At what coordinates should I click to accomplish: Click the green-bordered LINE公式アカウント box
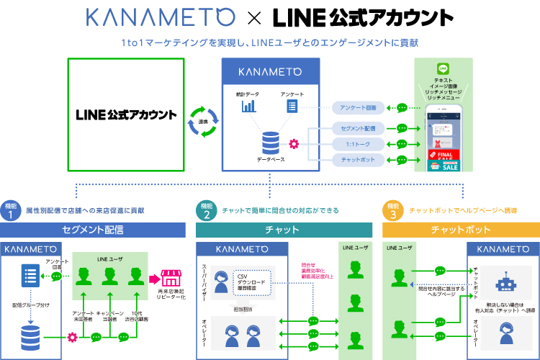point(126,115)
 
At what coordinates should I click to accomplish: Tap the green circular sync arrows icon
point(202,116)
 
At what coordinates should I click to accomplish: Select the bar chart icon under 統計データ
point(250,106)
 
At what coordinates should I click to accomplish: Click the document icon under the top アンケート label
point(292,106)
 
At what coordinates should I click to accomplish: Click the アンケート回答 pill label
point(357,108)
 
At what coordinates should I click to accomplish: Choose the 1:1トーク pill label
point(357,144)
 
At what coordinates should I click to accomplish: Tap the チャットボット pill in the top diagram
point(357,159)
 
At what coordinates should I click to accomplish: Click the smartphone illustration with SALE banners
point(445,138)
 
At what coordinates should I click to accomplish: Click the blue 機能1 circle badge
point(9,210)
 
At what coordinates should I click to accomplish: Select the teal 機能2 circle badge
point(207,210)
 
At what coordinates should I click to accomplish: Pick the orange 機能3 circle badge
point(392,210)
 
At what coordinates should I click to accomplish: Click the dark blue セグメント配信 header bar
point(94,230)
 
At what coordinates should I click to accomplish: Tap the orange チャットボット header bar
point(461,230)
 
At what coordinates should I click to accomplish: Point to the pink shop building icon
point(170,277)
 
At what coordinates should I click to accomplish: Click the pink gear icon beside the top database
point(294,144)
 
